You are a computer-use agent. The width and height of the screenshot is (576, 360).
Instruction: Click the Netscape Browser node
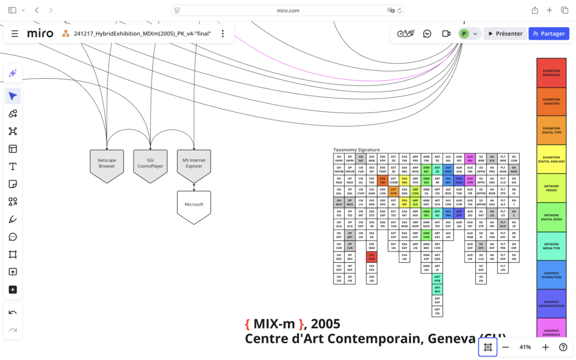click(x=107, y=164)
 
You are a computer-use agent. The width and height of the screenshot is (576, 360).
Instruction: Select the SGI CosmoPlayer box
click(x=150, y=164)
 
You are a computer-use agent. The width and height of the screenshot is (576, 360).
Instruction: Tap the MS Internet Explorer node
click(x=193, y=164)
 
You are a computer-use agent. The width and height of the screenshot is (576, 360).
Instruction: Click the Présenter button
click(x=505, y=34)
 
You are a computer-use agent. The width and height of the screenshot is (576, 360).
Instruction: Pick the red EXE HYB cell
click(x=371, y=257)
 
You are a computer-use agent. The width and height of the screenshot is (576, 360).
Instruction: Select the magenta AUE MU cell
click(x=470, y=159)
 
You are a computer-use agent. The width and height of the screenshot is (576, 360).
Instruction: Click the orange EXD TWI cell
click(x=382, y=181)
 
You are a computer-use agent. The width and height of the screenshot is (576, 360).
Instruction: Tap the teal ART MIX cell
click(x=437, y=290)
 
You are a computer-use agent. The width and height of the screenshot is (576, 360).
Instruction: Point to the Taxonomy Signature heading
click(x=356, y=150)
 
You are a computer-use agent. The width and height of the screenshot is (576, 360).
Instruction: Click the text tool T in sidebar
click(x=13, y=166)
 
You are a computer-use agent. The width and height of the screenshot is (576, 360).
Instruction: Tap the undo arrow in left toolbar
click(x=13, y=312)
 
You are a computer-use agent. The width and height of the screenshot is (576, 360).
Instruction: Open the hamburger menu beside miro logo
click(x=15, y=34)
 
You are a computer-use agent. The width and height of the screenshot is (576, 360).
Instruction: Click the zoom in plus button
click(x=545, y=347)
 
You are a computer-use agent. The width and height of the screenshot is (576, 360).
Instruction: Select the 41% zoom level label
click(x=525, y=347)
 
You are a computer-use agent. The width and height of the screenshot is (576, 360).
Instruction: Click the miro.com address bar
click(x=288, y=10)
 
